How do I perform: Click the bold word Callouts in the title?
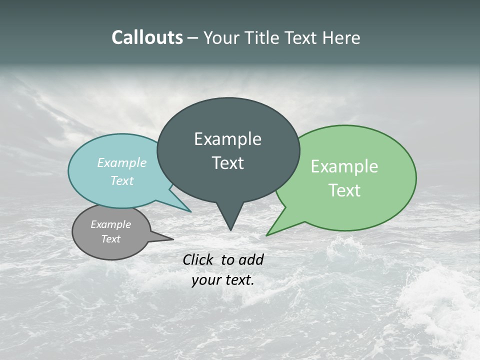tap(147, 38)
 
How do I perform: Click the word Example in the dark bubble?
tap(227, 139)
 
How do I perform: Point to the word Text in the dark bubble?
tap(227, 163)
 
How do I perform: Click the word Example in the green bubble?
tap(344, 166)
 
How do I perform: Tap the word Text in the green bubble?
tap(344, 190)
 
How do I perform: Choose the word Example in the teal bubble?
tap(122, 163)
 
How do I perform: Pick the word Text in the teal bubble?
tap(122, 180)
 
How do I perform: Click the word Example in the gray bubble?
tap(111, 224)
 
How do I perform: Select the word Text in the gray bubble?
tap(111, 239)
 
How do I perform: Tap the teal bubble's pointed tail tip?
tap(190, 211)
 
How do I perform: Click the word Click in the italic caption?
tap(198, 259)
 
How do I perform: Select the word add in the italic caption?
tap(251, 259)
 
